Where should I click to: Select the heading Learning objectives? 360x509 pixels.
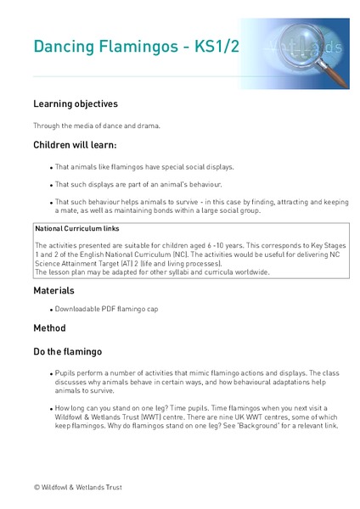tap(75, 104)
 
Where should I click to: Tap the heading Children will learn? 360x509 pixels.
tap(81, 145)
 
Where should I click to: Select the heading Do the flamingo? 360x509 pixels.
tap(68, 351)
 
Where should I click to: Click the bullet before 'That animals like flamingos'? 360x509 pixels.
tap(52, 167)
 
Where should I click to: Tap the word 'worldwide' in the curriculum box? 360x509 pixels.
tap(249, 272)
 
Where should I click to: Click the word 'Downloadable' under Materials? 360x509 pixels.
tap(82, 309)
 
